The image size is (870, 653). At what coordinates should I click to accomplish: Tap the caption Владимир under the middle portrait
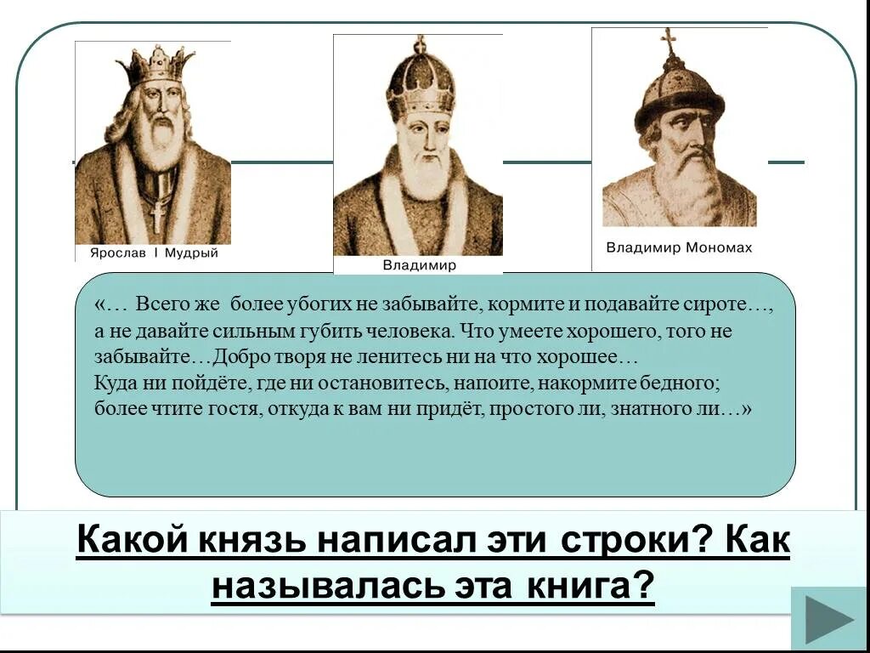click(x=419, y=265)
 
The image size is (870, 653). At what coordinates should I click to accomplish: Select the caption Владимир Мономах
click(x=679, y=248)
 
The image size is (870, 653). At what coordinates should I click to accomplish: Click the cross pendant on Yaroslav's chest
click(x=157, y=213)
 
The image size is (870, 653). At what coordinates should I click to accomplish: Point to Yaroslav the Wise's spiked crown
click(x=155, y=66)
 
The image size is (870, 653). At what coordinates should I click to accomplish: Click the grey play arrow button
click(x=829, y=620)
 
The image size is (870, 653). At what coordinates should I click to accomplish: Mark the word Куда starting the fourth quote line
click(x=115, y=383)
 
